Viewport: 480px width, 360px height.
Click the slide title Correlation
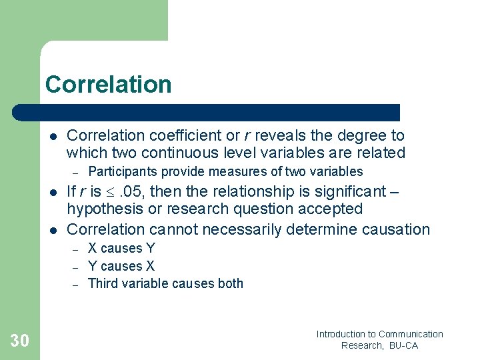108,85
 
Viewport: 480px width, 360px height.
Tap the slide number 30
20,341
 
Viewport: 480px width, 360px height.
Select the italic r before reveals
247,135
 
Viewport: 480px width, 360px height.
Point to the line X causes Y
121,249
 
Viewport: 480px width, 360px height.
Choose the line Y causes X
121,266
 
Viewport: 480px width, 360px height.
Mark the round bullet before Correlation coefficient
53,136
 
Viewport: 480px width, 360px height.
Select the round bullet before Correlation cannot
53,230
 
